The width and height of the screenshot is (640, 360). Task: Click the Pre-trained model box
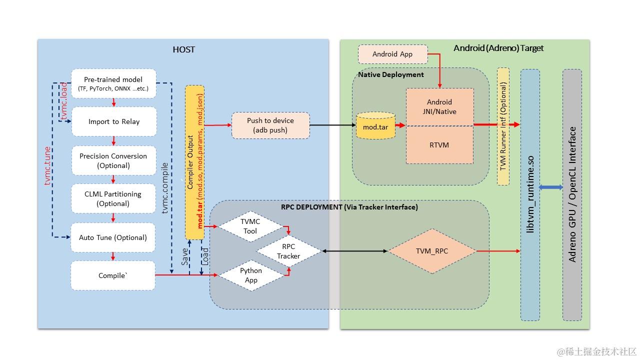(113, 83)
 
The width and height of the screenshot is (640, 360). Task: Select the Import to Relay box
(114, 121)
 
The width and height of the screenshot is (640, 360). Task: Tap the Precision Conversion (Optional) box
(113, 160)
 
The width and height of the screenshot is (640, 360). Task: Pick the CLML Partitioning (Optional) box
(113, 198)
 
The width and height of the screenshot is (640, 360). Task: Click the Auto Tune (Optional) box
(113, 237)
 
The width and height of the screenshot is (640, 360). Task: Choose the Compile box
(113, 275)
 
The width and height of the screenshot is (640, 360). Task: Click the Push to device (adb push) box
(270, 125)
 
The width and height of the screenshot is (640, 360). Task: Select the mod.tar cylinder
(375, 125)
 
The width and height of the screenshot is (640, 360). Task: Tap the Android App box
(393, 54)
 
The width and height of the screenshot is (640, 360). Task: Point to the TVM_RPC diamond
(432, 251)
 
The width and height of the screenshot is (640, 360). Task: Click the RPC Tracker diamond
(289, 251)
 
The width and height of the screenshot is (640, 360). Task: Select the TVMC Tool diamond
(250, 226)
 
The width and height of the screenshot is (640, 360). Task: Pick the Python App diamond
(251, 275)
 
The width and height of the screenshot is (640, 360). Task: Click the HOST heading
(183, 49)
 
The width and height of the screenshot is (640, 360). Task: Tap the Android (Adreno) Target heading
(498, 48)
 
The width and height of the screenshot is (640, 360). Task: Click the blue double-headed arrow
(551, 187)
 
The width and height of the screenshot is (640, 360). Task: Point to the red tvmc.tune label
(47, 166)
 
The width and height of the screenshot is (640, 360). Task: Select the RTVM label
(439, 145)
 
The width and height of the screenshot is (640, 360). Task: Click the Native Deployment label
(391, 74)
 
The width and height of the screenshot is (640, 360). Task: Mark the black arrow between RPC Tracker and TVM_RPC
(355, 251)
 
